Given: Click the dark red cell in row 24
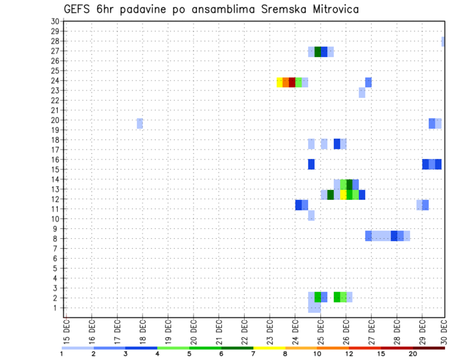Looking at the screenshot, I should coord(292,82).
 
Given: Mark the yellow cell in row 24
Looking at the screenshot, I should coord(280,82).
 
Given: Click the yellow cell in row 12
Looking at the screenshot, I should coord(343,195).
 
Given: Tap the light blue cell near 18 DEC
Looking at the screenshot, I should coord(140,123).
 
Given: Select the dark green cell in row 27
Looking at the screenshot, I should coord(318,52).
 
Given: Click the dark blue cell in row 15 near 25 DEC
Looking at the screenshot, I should coord(311,164).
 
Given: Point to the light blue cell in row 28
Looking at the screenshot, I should coord(443,42).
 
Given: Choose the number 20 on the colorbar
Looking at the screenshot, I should coord(413,354).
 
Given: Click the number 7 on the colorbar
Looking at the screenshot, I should coord(253,354).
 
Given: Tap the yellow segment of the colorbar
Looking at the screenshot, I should coord(269,348).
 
